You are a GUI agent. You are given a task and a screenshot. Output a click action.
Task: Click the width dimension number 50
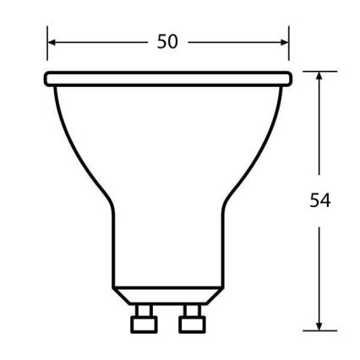[167, 41]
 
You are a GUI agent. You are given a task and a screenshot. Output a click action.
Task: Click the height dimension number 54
[320, 200]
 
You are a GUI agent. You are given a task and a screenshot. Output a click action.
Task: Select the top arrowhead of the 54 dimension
[319, 77]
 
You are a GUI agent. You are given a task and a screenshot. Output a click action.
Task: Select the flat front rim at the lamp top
[167, 79]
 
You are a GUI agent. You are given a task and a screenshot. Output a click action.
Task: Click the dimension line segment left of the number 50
[101, 41]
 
